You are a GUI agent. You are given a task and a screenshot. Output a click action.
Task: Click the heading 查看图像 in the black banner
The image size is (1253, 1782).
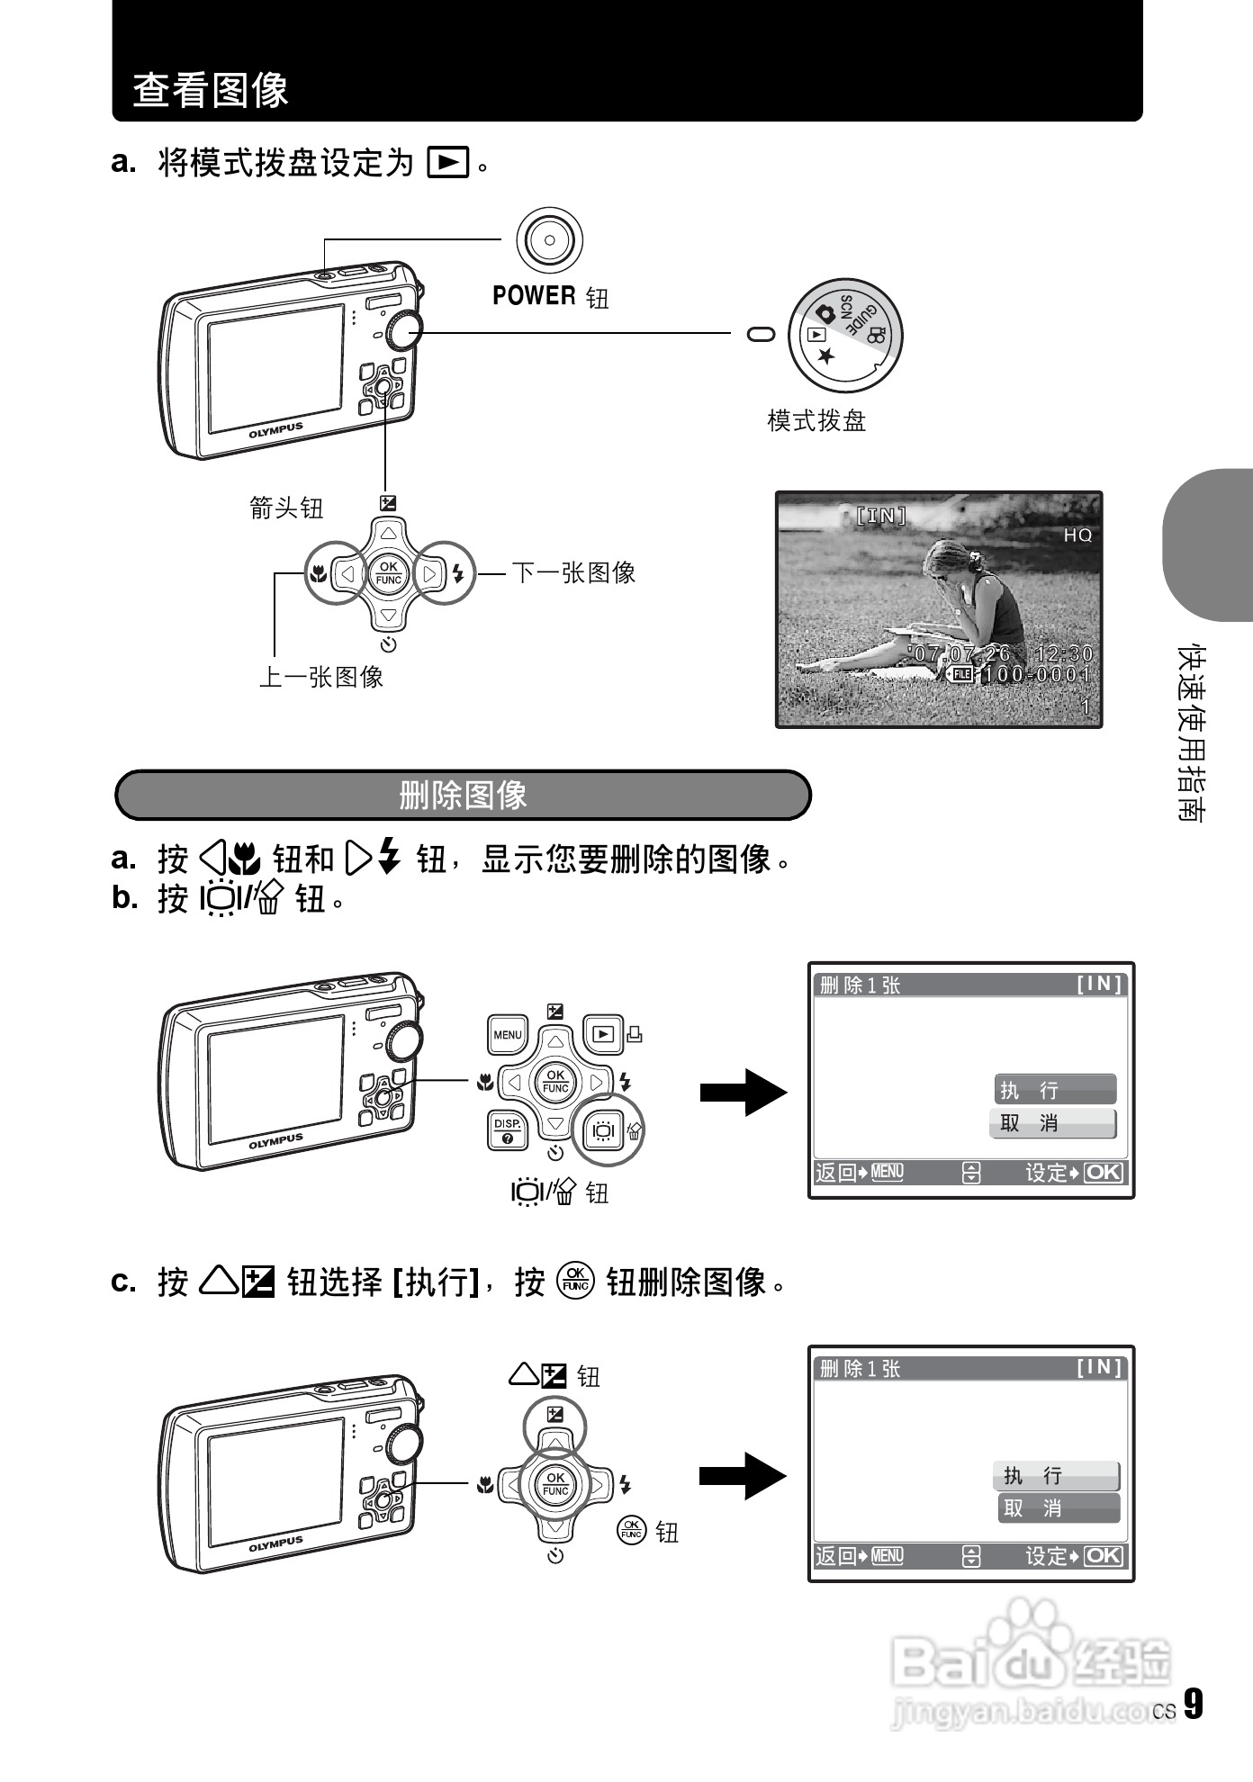point(211,90)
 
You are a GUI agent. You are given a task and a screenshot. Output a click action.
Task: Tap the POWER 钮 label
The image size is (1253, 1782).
point(550,296)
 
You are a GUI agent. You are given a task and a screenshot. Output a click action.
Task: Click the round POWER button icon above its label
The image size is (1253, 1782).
point(549,240)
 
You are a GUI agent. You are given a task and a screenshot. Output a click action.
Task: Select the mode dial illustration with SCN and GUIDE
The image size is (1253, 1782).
point(844,336)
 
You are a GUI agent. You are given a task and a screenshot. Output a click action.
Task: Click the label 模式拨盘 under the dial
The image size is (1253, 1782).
point(816,420)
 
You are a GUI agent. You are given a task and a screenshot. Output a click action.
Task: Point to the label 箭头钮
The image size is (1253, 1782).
point(286,508)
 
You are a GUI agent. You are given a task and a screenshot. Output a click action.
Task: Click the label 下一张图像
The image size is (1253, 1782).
point(574,572)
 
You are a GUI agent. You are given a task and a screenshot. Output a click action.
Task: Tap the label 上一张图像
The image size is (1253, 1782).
point(321,677)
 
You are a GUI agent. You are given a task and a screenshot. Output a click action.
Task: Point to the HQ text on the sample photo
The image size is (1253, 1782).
point(1077,535)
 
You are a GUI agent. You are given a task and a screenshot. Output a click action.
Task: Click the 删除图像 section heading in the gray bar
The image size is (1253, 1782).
point(463,795)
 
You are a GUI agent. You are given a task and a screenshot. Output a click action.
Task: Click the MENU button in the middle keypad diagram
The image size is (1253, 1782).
point(507,1035)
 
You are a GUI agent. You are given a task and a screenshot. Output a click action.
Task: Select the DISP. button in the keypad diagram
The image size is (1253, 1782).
point(507,1130)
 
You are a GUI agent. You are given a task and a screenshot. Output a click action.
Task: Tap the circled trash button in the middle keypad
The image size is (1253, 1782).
point(604,1130)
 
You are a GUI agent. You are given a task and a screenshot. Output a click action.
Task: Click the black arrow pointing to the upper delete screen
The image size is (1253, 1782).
point(743,1093)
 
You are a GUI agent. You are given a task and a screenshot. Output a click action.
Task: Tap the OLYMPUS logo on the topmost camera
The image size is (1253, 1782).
point(275,430)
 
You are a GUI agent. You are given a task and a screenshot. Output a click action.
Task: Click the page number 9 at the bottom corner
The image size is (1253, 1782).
point(1192,1704)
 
